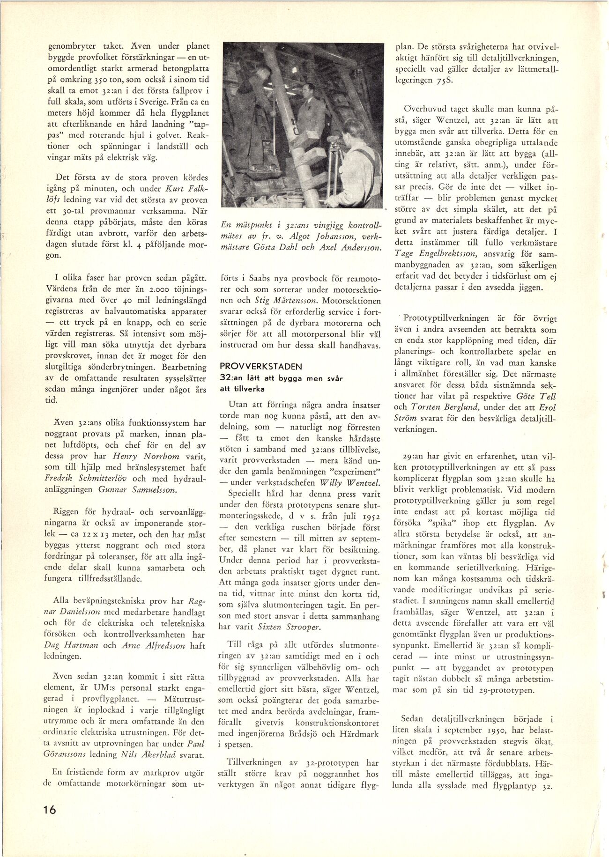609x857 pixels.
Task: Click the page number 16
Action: pyautogui.click(x=50, y=809)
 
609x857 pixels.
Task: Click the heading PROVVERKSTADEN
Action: pyautogui.click(x=261, y=367)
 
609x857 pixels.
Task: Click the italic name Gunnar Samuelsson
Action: pyautogui.click(x=137, y=490)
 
